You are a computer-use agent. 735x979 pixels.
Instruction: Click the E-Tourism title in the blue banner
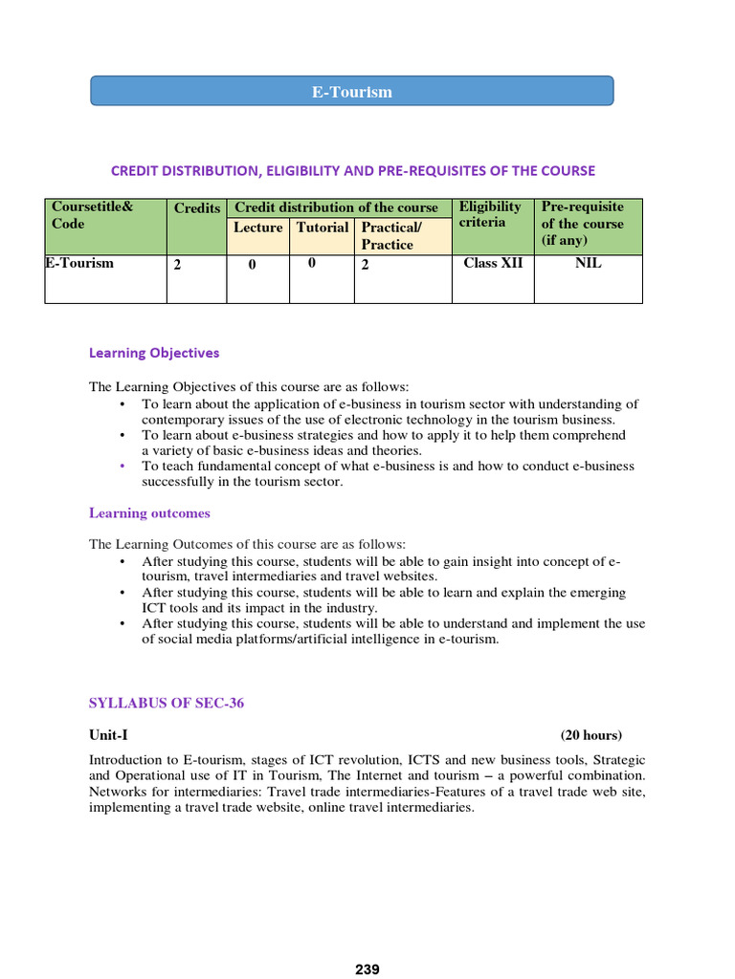pos(351,92)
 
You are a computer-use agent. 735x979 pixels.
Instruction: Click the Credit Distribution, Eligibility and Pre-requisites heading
pos(352,170)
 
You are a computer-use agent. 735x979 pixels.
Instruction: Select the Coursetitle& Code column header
pos(93,215)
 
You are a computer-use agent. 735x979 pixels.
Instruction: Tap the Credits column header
pos(197,208)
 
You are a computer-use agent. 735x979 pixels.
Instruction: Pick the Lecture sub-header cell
pos(257,228)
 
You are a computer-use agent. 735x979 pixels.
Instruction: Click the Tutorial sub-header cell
pos(323,228)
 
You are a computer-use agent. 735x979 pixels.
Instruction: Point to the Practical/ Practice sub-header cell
pos(390,236)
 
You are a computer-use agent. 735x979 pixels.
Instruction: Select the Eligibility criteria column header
pos(490,215)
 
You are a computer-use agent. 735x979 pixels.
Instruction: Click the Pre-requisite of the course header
pos(583,223)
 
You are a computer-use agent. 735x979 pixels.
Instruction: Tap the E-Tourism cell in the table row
pos(79,263)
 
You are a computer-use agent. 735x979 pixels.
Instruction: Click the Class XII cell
pos(493,263)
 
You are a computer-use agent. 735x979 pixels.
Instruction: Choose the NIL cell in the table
pos(588,263)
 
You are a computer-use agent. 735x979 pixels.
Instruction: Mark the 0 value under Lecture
pos(252,266)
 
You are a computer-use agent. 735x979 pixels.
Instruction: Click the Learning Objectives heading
pos(154,353)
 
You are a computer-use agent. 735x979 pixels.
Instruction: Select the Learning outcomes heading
pos(149,513)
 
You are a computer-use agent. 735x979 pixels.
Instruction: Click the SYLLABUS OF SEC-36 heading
pos(167,704)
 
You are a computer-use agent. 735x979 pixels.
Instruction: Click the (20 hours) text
pos(590,735)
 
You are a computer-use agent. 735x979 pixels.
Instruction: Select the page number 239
pos(367,969)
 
